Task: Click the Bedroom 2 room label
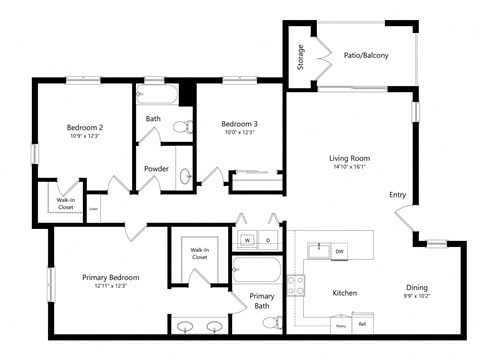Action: pyautogui.click(x=86, y=127)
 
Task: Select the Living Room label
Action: pyautogui.click(x=350, y=158)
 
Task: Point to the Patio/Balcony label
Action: pyautogui.click(x=365, y=56)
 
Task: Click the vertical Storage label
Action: pyautogui.click(x=301, y=59)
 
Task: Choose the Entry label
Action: pyautogui.click(x=398, y=195)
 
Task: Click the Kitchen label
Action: pyautogui.click(x=344, y=293)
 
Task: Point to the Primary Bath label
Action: pyautogui.click(x=262, y=301)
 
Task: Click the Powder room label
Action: pyautogui.click(x=156, y=168)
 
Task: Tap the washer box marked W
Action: pyautogui.click(x=246, y=241)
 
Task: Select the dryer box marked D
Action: pyautogui.click(x=268, y=241)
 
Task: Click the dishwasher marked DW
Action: pyautogui.click(x=340, y=251)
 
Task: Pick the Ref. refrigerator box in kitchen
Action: pyautogui.click(x=362, y=324)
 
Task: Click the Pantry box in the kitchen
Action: pyautogui.click(x=340, y=325)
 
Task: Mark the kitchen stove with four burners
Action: pyautogui.click(x=296, y=285)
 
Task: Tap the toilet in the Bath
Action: pyautogui.click(x=183, y=126)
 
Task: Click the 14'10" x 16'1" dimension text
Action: pyautogui.click(x=350, y=167)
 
